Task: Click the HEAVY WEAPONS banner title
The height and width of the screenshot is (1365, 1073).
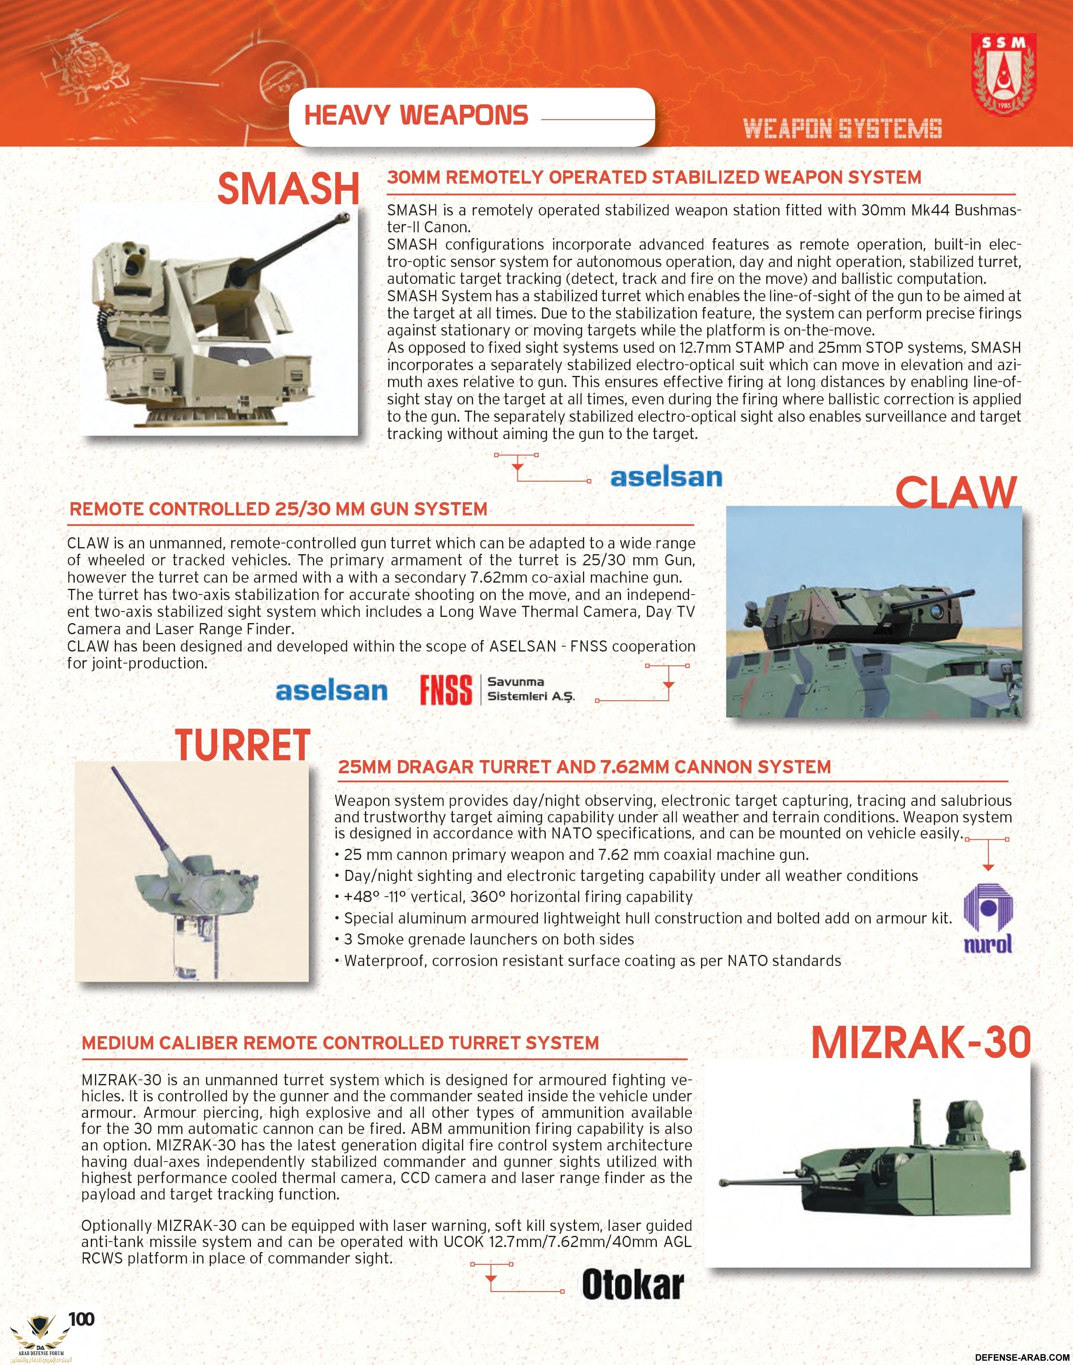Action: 416,116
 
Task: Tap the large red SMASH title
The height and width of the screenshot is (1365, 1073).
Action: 288,188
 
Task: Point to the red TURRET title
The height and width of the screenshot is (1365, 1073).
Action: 243,745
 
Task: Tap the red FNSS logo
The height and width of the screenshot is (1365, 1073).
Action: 446,690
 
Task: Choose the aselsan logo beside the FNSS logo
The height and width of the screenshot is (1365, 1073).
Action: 331,691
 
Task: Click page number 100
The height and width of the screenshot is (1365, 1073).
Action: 82,1318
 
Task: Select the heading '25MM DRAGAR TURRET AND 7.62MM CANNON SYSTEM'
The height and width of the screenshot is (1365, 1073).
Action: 584,767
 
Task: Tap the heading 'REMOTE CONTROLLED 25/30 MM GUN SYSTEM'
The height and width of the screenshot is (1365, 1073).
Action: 278,509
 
